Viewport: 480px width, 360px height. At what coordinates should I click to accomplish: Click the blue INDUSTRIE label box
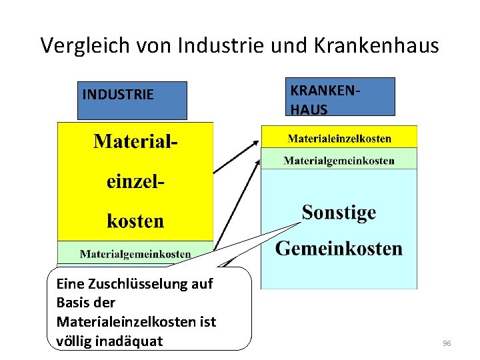pos(132,100)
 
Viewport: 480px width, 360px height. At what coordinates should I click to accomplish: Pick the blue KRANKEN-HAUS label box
pos(341,97)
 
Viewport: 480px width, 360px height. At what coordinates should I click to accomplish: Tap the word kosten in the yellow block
pos(135,221)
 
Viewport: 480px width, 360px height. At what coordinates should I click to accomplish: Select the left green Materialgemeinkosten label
pos(135,253)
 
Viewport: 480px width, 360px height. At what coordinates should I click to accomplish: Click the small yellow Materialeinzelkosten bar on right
pos(339,139)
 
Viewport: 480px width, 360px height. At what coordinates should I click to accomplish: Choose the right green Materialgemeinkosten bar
pos(339,160)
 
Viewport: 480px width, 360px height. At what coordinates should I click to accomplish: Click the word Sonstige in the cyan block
pos(339,213)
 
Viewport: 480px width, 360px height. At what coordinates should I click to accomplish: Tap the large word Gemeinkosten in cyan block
pos(339,249)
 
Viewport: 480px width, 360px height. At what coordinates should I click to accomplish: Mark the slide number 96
pos(447,343)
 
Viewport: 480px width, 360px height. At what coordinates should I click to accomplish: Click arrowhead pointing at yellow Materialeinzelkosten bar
pos(257,141)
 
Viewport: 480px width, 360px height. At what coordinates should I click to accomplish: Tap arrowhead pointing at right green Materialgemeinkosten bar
pos(258,162)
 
